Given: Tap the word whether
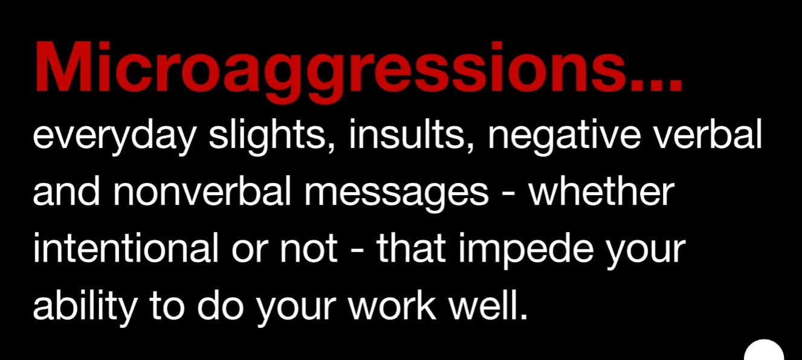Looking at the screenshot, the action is coord(601,191).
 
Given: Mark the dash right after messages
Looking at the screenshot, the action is coord(509,195).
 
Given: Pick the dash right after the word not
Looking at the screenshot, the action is coord(357,252).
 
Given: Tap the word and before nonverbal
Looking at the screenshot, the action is coord(66,191).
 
